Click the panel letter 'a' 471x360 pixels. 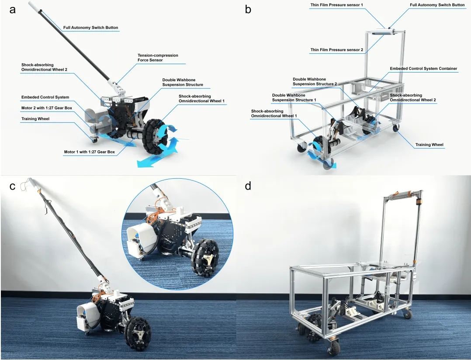(12, 10)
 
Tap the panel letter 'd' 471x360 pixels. (248, 186)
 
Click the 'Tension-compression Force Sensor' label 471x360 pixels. (158, 58)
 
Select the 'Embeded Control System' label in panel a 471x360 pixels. (45, 97)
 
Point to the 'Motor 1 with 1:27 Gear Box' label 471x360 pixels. (89, 152)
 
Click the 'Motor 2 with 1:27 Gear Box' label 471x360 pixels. (47, 108)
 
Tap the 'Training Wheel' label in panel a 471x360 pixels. (35, 119)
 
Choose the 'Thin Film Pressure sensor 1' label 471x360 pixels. (336, 5)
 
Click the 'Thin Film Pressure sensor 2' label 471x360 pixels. (337, 49)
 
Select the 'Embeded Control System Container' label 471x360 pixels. (423, 69)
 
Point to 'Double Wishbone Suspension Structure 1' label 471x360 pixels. (294, 97)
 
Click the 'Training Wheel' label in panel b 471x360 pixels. (429, 145)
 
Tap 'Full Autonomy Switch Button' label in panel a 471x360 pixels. (90, 28)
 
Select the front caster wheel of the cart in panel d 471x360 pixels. (333, 345)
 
